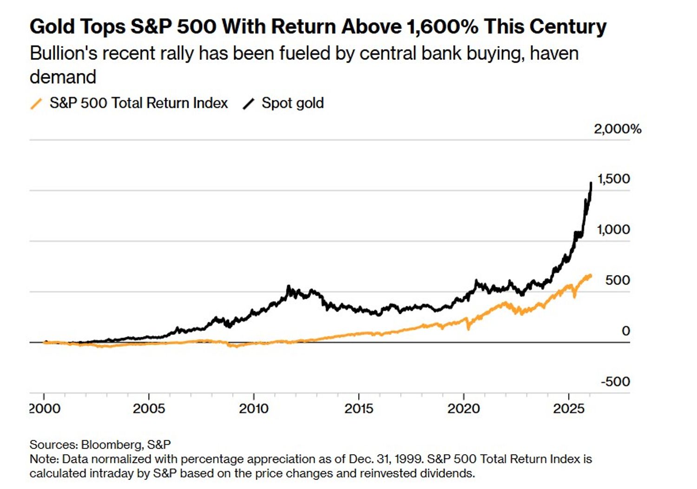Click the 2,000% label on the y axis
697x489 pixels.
[617, 129]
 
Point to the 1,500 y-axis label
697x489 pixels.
[613, 179]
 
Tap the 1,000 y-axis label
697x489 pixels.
[613, 230]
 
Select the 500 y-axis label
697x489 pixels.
[618, 280]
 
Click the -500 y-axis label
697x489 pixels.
[615, 382]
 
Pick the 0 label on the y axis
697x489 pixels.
[625, 331]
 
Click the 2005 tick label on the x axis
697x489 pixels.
[149, 409]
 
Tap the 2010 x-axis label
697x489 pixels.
[254, 409]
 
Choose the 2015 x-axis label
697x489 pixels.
[359, 409]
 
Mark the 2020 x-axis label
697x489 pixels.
[463, 409]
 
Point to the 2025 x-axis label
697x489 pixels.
[568, 409]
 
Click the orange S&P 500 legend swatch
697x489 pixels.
[36, 103]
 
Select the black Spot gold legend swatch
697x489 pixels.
[249, 103]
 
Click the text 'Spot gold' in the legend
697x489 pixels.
[292, 103]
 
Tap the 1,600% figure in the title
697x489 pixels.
[442, 26]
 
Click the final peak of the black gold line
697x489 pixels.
[591, 183]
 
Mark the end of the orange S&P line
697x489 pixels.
[591, 276]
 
